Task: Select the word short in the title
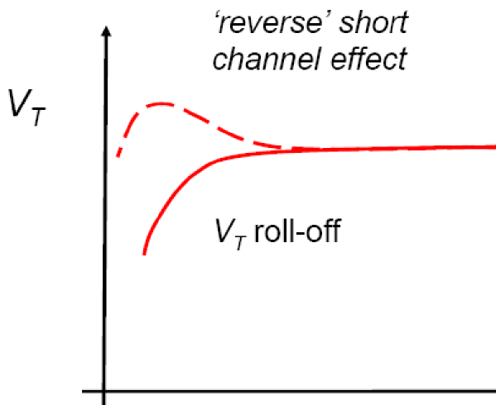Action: point(378,24)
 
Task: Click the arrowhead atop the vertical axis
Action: point(105,33)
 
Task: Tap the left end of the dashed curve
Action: point(118,155)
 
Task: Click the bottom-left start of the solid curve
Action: point(145,252)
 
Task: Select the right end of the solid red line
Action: point(494,146)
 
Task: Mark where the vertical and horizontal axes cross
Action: point(104,389)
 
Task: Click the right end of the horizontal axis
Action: point(494,389)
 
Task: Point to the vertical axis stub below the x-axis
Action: point(104,398)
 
